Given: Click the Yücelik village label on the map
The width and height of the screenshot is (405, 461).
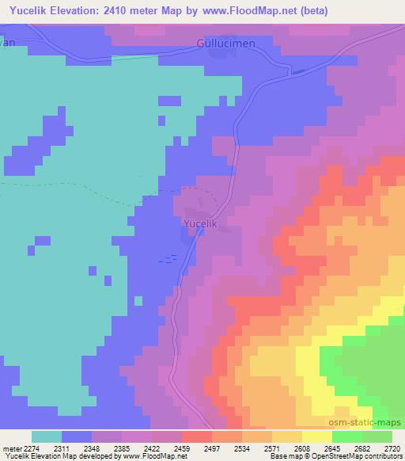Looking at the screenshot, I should (x=200, y=224).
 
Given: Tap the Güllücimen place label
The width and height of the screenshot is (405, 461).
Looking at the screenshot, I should (x=226, y=43).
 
